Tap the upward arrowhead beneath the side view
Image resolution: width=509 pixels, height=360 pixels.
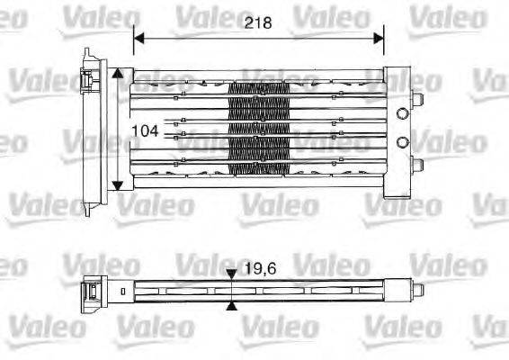click(232, 307)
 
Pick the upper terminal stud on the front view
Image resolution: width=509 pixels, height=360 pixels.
click(416, 98)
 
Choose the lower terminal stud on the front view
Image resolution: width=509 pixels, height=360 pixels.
click(416, 164)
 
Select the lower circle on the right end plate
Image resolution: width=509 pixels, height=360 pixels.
click(402, 141)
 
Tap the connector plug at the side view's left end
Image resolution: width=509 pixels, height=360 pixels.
click(92, 290)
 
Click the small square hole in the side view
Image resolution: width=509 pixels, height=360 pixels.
click(122, 291)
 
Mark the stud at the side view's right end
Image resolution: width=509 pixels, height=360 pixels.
click(417, 290)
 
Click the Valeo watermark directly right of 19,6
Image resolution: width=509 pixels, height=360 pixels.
click(332, 266)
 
